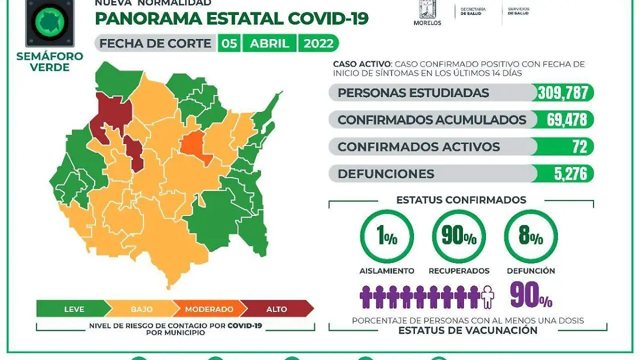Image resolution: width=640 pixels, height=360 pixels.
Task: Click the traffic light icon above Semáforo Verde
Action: pyautogui.click(x=50, y=22)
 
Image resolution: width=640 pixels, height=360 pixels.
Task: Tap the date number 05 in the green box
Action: pyautogui.click(x=230, y=43)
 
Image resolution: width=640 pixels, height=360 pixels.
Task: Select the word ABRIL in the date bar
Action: pyautogui.click(x=269, y=43)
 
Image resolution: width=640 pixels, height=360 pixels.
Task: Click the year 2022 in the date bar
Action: pyautogui.click(x=318, y=43)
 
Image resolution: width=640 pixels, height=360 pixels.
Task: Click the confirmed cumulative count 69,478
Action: pyautogui.click(x=567, y=119)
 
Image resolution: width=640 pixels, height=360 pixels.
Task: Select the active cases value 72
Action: pyautogui.click(x=579, y=147)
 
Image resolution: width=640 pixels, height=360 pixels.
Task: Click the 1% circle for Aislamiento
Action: pyautogui.click(x=387, y=237)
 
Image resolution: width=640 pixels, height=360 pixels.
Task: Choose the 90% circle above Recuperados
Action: pyautogui.click(x=459, y=237)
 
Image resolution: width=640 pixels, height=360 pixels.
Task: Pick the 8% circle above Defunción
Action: pyautogui.click(x=531, y=237)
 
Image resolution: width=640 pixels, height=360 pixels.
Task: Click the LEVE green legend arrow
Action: pyautogui.click(x=74, y=309)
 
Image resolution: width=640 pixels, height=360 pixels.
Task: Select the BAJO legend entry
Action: pyautogui.click(x=141, y=309)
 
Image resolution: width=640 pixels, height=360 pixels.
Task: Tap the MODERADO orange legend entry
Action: pyautogui.click(x=209, y=309)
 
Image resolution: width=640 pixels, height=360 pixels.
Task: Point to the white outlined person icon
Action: pyautogui.click(x=487, y=297)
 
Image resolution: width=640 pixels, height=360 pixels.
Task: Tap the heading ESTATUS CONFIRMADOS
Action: pyautogui.click(x=461, y=200)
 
